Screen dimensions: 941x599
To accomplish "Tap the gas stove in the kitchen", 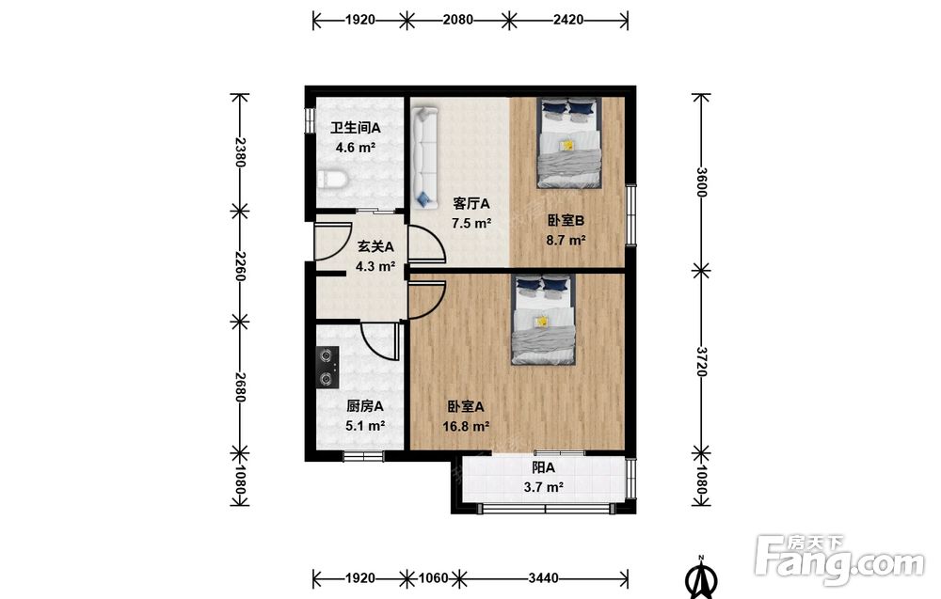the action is pos(327,367).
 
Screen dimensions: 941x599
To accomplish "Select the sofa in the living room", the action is pos(425,158).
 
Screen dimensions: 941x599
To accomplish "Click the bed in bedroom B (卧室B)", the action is pos(569,143).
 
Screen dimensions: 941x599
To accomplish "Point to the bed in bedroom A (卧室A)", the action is pos(544,319).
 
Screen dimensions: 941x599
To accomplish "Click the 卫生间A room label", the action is pos(356,128).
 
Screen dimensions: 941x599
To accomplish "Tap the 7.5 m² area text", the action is pos(471,224).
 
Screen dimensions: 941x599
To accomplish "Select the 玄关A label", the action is pos(375,246).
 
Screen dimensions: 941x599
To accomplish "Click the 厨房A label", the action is pos(365,406).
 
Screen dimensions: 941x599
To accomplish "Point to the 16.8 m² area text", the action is pos(466,426).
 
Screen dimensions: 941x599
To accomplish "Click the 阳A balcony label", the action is pos(543,467).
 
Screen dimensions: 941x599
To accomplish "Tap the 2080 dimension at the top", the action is pos(458,20).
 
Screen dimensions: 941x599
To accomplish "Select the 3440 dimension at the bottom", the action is pos(543,578).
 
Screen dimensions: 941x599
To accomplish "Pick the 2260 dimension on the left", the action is pos(239,266).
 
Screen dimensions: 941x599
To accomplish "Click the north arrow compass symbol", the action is pos(701,577).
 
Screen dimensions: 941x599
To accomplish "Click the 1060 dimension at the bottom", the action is pos(433,578).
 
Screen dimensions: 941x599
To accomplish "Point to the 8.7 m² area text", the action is pos(566,241).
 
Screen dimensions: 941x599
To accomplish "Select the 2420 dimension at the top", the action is pos(567,20).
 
